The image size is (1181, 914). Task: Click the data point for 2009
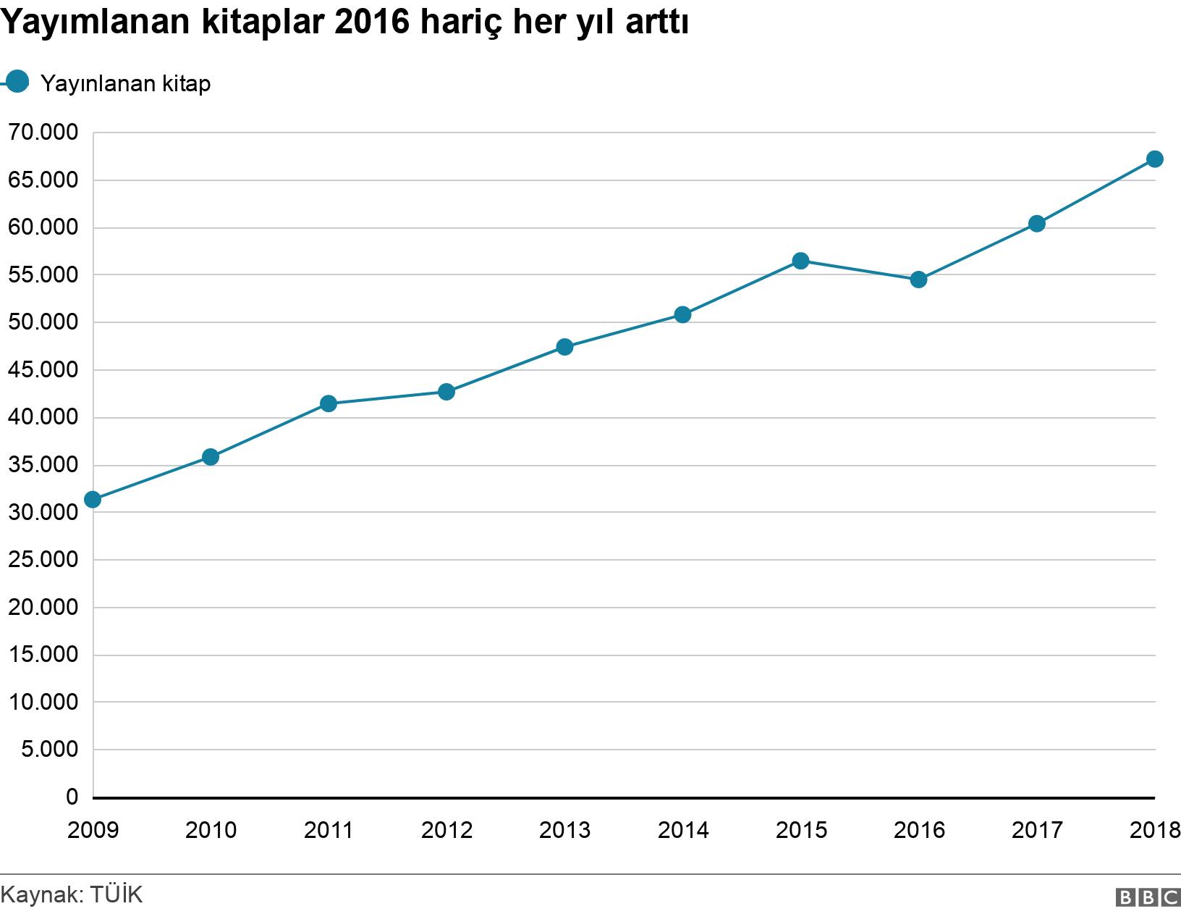tap(93, 500)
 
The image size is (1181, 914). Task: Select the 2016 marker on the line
tap(918, 280)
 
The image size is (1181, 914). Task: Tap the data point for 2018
tap(1155, 159)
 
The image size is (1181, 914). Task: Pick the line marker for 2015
tap(800, 261)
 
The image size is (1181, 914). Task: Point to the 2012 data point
tap(446, 392)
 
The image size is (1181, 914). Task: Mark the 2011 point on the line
tap(329, 403)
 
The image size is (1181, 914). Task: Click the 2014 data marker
tap(682, 314)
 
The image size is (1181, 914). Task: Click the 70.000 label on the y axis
tap(42, 133)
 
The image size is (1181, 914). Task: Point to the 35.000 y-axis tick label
tap(42, 465)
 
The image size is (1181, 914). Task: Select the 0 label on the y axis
tap(71, 797)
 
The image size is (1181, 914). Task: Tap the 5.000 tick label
tap(49, 749)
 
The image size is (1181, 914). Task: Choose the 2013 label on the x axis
tap(564, 830)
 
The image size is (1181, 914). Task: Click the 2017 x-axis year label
tap(1037, 830)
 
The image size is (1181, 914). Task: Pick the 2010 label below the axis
tap(211, 830)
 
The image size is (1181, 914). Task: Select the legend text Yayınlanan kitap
tap(126, 83)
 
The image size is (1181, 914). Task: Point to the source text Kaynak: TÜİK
tap(72, 894)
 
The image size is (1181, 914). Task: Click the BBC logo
tap(1148, 897)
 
